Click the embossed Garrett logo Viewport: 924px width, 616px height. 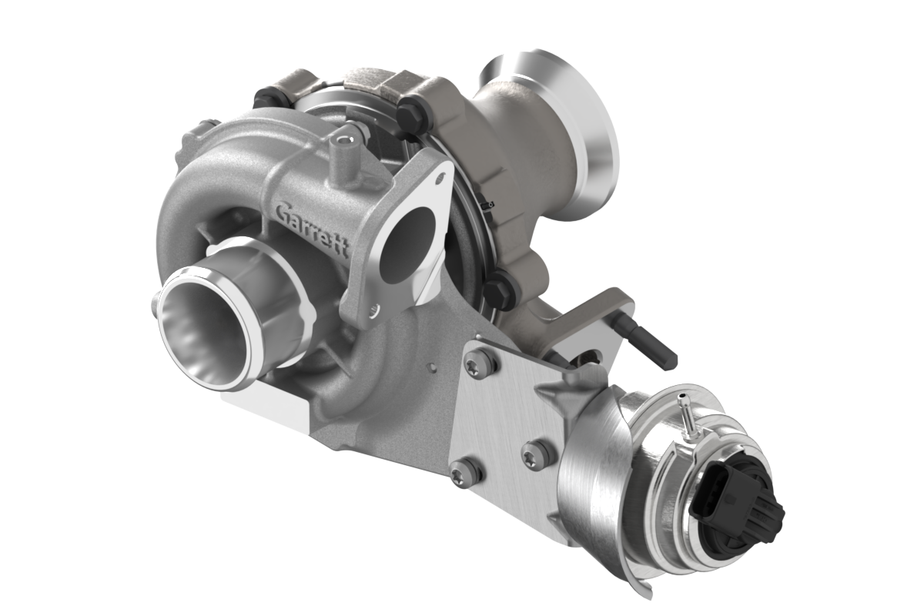(x=313, y=228)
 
